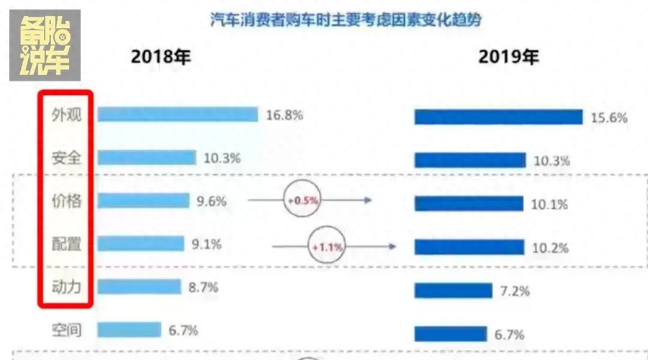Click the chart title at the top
click(x=346, y=19)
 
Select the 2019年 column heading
click(x=508, y=58)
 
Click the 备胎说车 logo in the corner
click(x=45, y=45)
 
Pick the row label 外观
click(x=66, y=115)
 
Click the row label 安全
click(x=66, y=158)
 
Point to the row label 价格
click(x=66, y=201)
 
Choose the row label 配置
click(x=66, y=244)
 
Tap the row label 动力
click(x=66, y=287)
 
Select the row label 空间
click(x=66, y=330)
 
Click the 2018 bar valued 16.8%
click(x=177, y=114)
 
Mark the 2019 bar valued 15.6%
click(x=498, y=117)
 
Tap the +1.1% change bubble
click(x=327, y=246)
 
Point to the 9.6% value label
click(x=211, y=202)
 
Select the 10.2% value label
click(x=549, y=248)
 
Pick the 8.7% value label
click(x=202, y=287)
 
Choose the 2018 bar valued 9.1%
click(x=141, y=244)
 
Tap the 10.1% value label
click(x=549, y=204)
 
